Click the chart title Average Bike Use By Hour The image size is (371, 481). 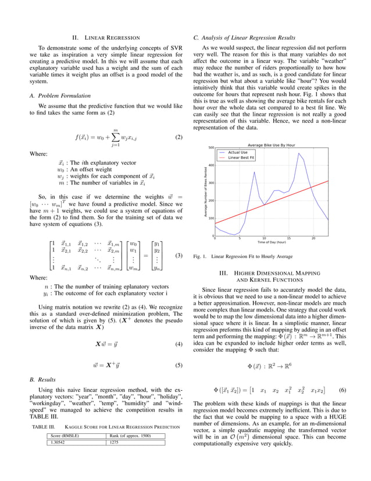point(272,144)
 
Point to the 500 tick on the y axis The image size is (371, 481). point(211,148)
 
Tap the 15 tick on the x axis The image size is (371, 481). point(288,238)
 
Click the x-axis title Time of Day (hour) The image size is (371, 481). point(271,242)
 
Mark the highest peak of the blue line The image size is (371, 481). point(299,154)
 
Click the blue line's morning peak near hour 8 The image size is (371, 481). point(254,172)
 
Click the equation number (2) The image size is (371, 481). point(179,137)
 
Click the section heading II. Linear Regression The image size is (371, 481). point(105,38)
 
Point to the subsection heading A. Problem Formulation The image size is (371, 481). point(59,95)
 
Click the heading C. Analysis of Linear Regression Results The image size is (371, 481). point(244,38)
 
